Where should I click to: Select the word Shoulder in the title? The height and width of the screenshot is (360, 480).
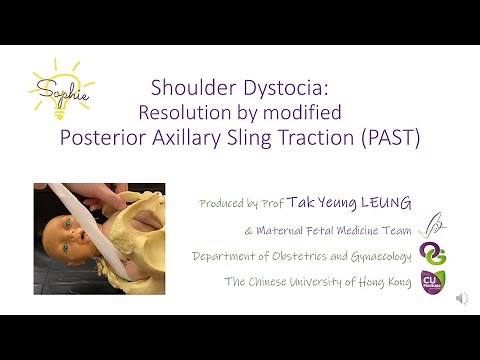pyautogui.click(x=187, y=87)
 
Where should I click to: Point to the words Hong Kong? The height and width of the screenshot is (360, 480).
pyautogui.click(x=379, y=282)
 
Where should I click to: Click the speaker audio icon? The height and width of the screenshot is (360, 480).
pyautogui.click(x=462, y=298)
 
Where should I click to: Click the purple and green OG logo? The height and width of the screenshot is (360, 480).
pyautogui.click(x=432, y=254)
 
